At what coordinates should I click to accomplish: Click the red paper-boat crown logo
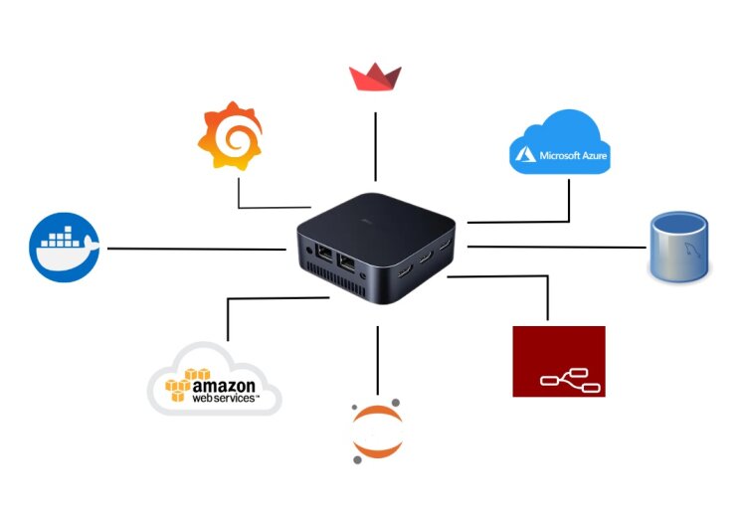point(375,77)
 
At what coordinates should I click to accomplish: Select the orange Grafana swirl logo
point(231,135)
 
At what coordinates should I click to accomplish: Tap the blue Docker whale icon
point(65,248)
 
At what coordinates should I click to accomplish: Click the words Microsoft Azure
point(573,155)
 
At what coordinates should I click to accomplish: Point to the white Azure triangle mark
point(525,155)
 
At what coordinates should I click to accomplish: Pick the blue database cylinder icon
point(679,247)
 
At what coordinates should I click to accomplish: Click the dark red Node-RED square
point(559,361)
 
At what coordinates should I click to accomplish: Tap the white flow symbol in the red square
point(570,381)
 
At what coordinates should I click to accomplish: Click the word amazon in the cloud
point(224,385)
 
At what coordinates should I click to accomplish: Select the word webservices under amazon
point(224,399)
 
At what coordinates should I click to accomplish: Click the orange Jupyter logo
point(377,432)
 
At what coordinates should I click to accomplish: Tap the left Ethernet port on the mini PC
point(324,253)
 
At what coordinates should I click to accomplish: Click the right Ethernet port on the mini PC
point(347,263)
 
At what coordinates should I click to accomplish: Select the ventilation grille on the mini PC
point(335,281)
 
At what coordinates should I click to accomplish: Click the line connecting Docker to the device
point(197,249)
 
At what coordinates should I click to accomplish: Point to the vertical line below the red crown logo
point(375,146)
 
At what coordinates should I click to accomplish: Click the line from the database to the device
point(557,247)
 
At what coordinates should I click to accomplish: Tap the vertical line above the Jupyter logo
point(377,360)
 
